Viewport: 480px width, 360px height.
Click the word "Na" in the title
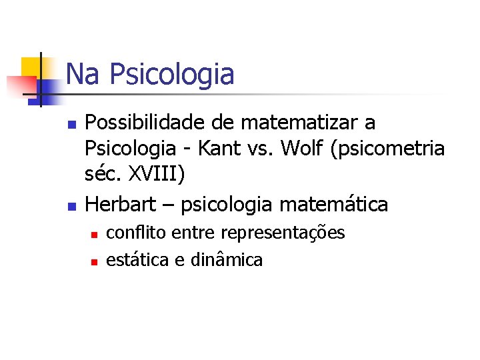[x=81, y=74]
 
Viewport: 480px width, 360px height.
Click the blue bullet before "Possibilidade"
[x=72, y=125]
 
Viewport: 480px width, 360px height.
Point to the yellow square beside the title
[x=31, y=67]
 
